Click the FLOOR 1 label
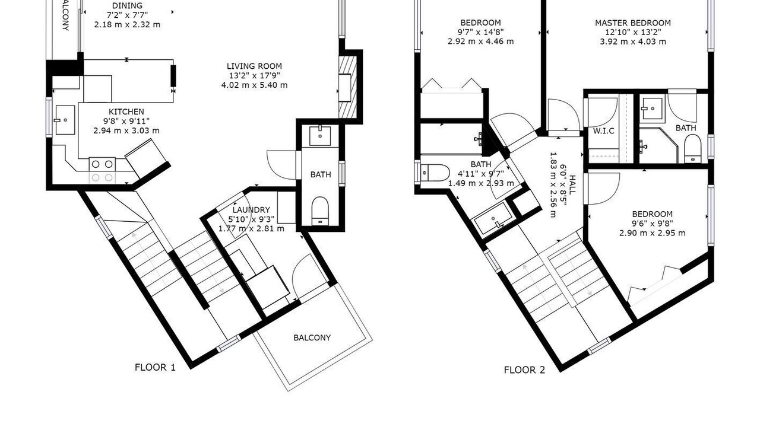coord(155,367)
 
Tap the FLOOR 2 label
coord(524,370)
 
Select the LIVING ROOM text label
coord(254,66)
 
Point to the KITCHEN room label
coord(126,111)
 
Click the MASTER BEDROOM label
coord(633,23)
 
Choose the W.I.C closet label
coord(604,131)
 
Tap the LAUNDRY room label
coord(251,210)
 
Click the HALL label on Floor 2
coord(572,184)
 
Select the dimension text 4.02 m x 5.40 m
coord(254,85)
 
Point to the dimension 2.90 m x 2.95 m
coord(652,233)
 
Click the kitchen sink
coord(65,120)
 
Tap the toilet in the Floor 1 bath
coord(320,211)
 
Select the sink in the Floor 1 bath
coord(320,136)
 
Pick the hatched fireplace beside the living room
coord(347,87)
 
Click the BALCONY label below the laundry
coord(312,337)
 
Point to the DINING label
coord(127,6)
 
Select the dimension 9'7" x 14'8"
coord(480,32)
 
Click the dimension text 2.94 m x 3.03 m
coord(126,130)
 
